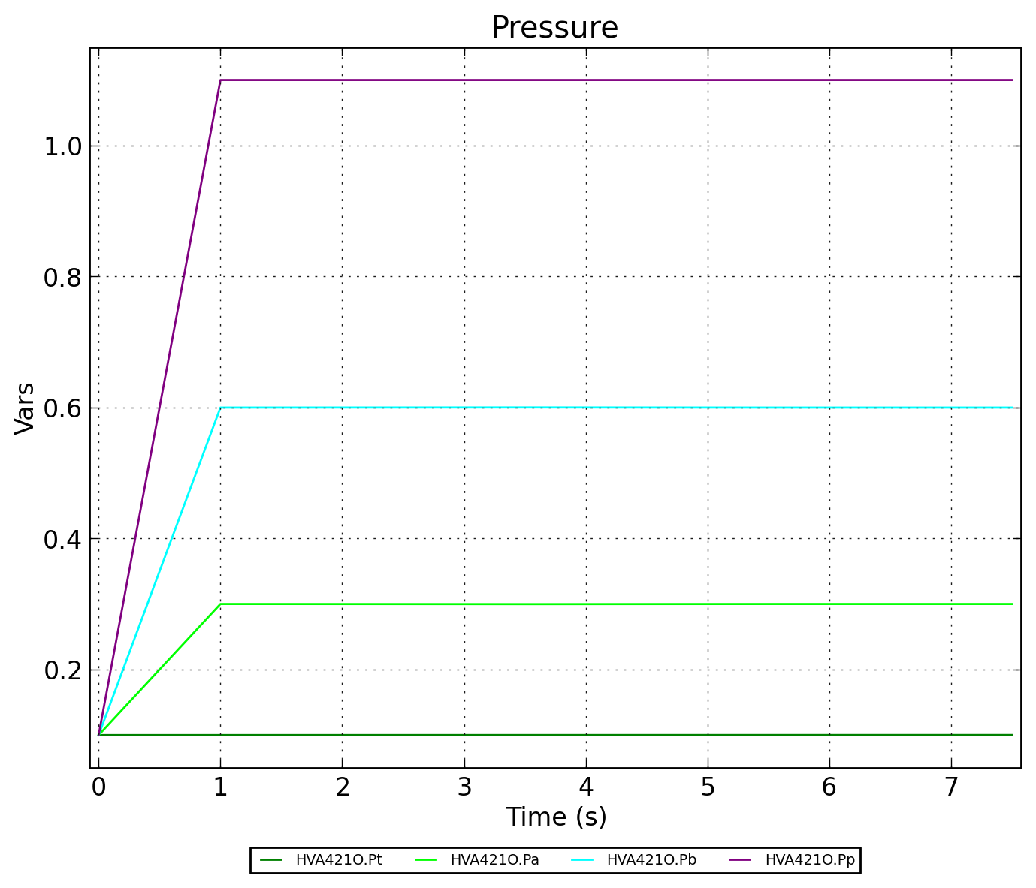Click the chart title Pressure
[554, 28]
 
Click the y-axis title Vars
[25, 408]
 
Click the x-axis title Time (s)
[556, 817]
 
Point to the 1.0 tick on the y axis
[62, 146]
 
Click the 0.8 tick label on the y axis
[62, 278]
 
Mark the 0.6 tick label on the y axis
[62, 408]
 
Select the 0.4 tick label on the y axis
[62, 539]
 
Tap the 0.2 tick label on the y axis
[62, 670]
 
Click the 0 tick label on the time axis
[98, 787]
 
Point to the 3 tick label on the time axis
[464, 787]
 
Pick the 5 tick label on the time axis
[708, 787]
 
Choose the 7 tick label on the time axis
[951, 787]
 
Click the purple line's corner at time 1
[220, 80]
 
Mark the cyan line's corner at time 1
[220, 408]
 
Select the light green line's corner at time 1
[220, 604]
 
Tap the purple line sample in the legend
[740, 860]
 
